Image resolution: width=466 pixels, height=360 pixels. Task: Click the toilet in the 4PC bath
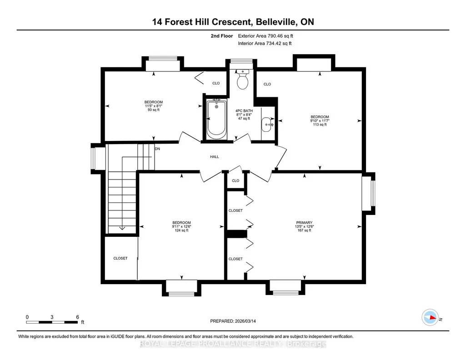(243, 79)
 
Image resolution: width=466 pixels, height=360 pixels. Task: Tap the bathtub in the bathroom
(216, 120)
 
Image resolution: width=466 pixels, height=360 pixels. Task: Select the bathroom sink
(267, 125)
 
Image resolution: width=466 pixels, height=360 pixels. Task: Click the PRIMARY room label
(304, 222)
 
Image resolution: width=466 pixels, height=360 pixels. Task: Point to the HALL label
(214, 156)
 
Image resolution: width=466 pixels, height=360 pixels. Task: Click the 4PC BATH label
(244, 111)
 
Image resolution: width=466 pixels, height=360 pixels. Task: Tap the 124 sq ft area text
(181, 230)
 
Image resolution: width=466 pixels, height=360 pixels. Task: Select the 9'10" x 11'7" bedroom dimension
(320, 120)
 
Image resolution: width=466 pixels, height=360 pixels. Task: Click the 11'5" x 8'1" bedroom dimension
(154, 106)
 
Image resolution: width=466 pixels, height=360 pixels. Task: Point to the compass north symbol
(430, 317)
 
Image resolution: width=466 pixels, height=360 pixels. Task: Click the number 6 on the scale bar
(78, 317)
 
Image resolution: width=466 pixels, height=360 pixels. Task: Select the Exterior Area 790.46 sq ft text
(266, 36)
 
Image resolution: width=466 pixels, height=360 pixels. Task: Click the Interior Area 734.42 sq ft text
(265, 43)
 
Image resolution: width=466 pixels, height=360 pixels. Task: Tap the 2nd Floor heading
(222, 36)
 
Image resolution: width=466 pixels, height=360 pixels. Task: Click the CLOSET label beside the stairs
(120, 259)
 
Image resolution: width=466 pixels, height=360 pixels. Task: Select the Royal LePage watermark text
(233, 344)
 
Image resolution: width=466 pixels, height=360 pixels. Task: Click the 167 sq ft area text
(304, 230)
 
